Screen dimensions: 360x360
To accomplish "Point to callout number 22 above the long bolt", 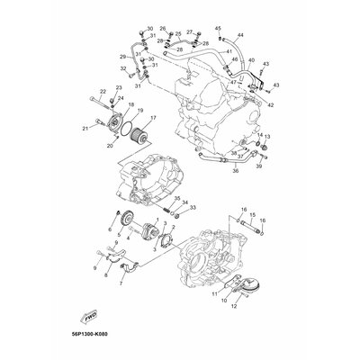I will [x=102, y=91].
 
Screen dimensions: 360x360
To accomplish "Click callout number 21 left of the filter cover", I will [x=85, y=129].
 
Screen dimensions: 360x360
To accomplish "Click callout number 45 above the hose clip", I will [x=218, y=29].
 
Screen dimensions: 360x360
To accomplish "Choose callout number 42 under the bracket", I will [x=271, y=104].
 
